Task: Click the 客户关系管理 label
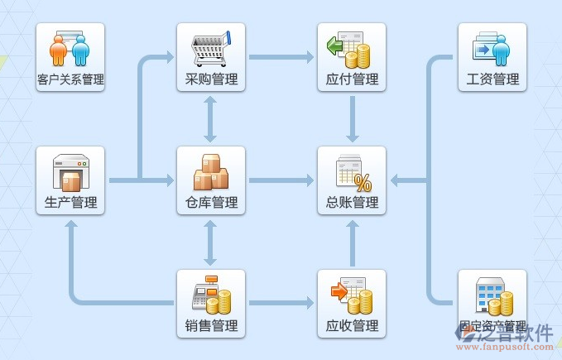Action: (70, 79)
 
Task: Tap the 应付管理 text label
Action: (352, 79)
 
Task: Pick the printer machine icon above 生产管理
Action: (70, 173)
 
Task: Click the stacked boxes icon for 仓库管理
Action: (211, 172)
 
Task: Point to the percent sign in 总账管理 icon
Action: (362, 183)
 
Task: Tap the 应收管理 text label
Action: (352, 326)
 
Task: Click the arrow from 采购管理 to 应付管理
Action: (281, 57)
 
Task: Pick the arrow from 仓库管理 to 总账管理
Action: (281, 180)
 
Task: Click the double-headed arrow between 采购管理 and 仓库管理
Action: (211, 118)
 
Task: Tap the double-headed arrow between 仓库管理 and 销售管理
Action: (211, 242)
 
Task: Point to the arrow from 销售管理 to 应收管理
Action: (281, 303)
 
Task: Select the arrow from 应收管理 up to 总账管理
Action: (352, 242)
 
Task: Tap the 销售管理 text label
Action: (211, 326)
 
